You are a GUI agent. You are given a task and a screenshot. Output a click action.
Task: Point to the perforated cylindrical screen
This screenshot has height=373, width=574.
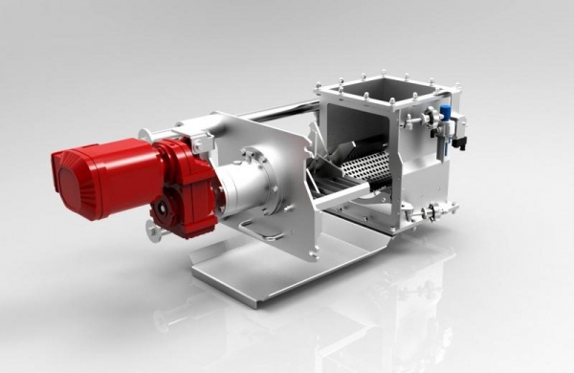(x=368, y=168)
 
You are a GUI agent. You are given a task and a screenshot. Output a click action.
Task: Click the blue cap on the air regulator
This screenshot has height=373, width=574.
(x=445, y=112)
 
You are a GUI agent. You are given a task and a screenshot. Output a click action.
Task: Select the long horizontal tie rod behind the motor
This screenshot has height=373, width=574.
(x=277, y=113)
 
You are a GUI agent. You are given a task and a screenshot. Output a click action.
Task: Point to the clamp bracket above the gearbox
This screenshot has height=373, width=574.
(x=201, y=141)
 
